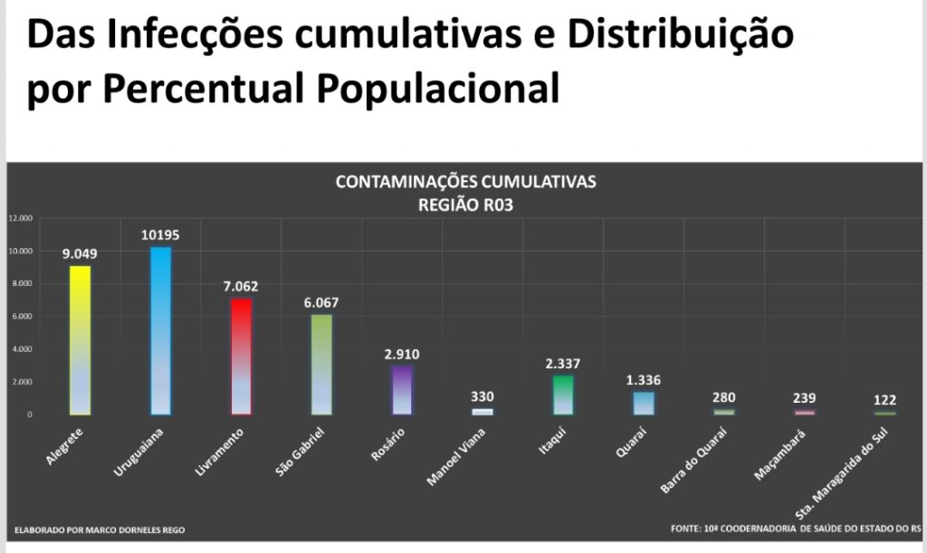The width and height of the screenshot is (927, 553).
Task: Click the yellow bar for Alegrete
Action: click(81, 339)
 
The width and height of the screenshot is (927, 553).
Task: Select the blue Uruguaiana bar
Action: click(160, 330)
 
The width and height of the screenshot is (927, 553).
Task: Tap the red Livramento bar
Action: click(241, 356)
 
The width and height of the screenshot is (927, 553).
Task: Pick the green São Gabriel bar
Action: click(321, 364)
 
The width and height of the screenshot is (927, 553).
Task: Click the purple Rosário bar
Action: click(401, 390)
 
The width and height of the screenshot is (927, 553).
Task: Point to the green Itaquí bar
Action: click(562, 395)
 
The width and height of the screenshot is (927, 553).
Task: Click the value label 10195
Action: click(160, 234)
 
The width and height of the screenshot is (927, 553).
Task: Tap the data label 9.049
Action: click(80, 253)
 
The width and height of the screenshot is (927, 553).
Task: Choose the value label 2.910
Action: click(401, 354)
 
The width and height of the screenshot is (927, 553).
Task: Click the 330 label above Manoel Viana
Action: click(482, 396)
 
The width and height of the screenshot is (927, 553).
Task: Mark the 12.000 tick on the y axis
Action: click(20, 218)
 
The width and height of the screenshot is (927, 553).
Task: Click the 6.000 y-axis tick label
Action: click(20, 316)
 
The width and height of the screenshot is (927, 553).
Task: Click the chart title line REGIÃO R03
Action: click(465, 205)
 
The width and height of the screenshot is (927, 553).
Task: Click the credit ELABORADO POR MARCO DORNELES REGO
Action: click(100, 529)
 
